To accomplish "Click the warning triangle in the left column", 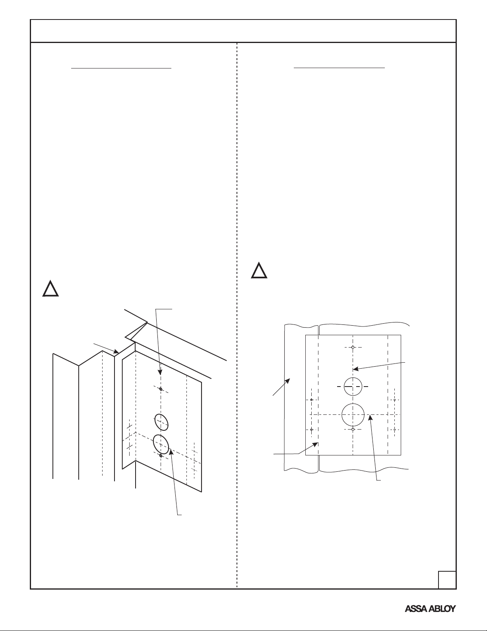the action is (x=50, y=288).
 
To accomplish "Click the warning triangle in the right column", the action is (x=259, y=270).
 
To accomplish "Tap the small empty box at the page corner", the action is (x=447, y=580).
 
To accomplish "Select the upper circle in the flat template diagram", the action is (x=353, y=387).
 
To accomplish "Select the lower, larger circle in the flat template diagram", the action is (x=353, y=414).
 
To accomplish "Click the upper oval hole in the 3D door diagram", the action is (x=161, y=422).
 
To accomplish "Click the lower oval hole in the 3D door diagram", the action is (x=161, y=444).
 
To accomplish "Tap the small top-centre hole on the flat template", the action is (x=353, y=347).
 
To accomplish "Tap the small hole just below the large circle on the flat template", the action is (x=353, y=429).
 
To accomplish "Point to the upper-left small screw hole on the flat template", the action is (x=311, y=400).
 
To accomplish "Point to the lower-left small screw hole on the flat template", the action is (x=311, y=430).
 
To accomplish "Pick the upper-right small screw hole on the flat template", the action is (x=394, y=400).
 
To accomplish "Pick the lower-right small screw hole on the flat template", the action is (x=394, y=429).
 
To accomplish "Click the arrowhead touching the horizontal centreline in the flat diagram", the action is (x=370, y=418).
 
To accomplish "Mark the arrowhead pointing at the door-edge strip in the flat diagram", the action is (x=288, y=381).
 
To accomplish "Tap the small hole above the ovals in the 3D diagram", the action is (x=161, y=389).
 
